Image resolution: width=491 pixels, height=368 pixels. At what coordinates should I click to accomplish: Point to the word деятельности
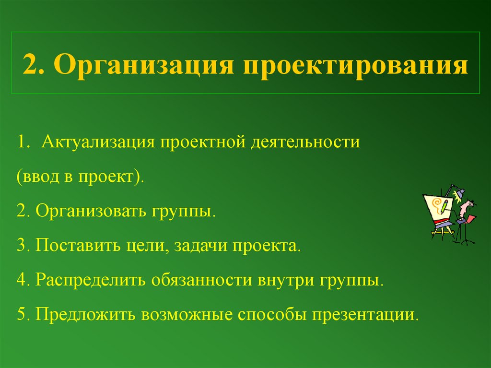click(x=304, y=142)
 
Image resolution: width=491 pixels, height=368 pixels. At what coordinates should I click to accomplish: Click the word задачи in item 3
click(x=201, y=246)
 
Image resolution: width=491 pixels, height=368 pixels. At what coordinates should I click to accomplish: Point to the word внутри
click(x=286, y=280)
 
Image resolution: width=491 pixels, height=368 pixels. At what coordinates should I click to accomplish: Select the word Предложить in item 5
click(x=85, y=315)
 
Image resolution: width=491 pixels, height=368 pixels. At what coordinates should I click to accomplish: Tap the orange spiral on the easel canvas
click(x=436, y=204)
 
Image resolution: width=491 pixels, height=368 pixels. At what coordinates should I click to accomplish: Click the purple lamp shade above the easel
click(x=460, y=193)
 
